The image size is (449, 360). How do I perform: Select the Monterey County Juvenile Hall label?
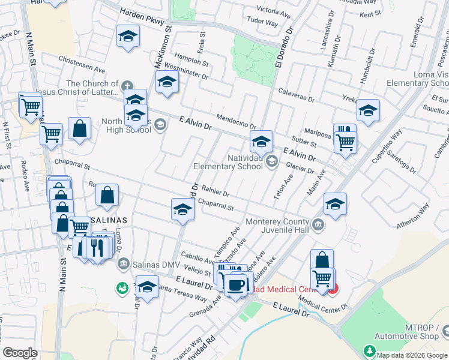(x=276, y=226)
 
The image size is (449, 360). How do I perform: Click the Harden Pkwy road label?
(x=142, y=20)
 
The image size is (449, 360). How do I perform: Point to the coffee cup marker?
(x=237, y=284)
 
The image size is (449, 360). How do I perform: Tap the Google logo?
(x=20, y=353)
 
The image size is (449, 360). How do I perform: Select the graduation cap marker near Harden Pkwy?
(x=128, y=37)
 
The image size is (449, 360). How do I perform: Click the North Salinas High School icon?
(x=159, y=124)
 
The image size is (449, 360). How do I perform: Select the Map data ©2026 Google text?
(x=412, y=354)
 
